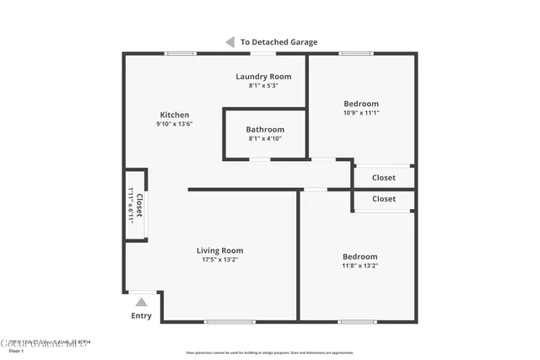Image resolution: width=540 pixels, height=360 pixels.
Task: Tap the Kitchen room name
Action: pos(175,115)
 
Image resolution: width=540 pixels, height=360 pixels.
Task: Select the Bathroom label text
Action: pos(265,129)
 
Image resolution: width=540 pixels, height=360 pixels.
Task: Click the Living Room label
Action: pos(219,250)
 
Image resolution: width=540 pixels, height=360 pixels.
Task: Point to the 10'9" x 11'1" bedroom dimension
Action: pos(360,112)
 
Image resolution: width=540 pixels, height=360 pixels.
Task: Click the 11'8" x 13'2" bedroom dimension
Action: pos(359,266)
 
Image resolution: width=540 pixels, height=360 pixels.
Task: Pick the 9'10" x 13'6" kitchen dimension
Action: pos(175,124)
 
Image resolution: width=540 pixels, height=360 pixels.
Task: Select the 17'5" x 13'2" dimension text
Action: pos(219,260)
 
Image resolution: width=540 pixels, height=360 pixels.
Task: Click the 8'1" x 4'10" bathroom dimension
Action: pos(265,138)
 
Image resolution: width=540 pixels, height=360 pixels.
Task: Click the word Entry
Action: pos(141,316)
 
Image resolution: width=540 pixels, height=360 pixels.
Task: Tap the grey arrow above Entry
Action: pos(141,302)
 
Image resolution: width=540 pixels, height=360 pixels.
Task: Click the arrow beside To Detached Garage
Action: pos(229,41)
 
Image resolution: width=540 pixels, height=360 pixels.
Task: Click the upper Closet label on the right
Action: pos(383,178)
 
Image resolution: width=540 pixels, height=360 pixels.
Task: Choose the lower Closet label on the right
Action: pos(383,199)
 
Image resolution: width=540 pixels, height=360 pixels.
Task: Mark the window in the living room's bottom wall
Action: pos(229,320)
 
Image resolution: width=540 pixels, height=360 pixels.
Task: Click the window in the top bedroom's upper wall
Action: pos(356,54)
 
